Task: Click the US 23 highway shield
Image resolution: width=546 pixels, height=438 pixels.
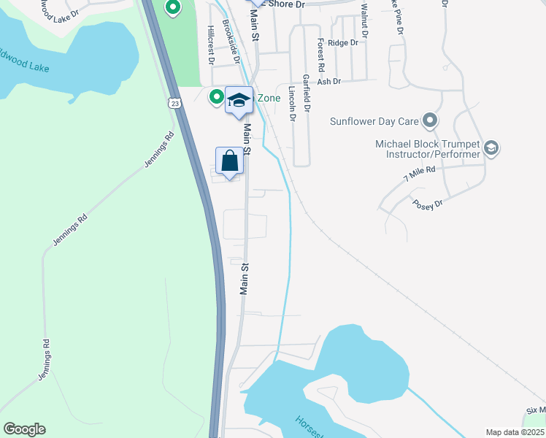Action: pos(174,103)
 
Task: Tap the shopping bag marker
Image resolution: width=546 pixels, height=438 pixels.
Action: pos(229,161)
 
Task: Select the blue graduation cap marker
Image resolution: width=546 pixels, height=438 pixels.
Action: pos(239,99)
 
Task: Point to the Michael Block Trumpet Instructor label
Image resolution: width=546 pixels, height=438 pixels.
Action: pos(428,149)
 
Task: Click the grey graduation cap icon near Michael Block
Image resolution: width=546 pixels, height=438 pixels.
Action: pos(491,149)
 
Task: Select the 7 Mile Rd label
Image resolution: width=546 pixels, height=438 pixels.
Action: pos(419,174)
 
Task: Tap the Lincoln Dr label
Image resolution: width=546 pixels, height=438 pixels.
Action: pos(292,104)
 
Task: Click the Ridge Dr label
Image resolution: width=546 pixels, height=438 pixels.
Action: pos(343,43)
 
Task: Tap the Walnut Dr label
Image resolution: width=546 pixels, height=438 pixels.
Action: pos(364,20)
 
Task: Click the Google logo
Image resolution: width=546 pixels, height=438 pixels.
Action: pos(24,429)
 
